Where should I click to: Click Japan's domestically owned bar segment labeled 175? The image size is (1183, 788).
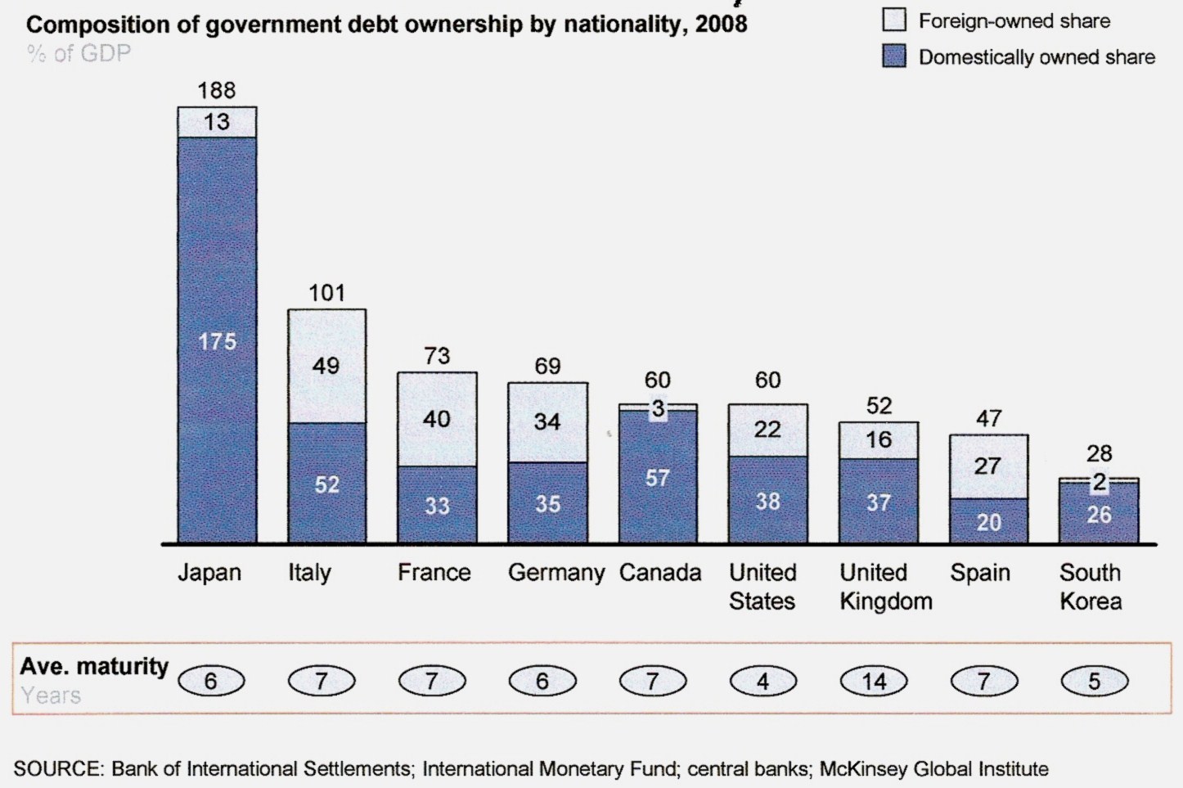pos(217,340)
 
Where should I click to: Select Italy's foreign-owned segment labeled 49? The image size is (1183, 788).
pos(326,366)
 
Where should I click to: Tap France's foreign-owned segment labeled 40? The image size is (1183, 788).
pos(437,419)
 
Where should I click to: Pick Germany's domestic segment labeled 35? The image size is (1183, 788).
pos(547,503)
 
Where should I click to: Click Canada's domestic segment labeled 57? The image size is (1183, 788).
pos(658,477)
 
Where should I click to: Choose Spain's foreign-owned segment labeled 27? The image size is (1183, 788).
pos(988,466)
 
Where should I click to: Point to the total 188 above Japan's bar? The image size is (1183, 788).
pos(217,90)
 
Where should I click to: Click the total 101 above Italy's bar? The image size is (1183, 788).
pos(326,293)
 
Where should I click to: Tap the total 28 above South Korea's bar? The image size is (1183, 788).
pos(1099,453)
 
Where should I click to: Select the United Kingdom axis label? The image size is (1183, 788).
pos(885,587)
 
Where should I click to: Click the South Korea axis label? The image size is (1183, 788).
pos(1090,587)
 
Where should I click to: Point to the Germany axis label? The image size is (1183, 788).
pos(556,572)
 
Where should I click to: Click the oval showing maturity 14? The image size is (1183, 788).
pos(874,681)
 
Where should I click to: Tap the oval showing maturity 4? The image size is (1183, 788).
pos(762,681)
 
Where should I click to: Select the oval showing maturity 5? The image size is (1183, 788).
pos(1094,681)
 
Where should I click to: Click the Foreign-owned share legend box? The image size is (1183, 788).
pos(894,20)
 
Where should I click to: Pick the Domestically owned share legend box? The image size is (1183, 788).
pos(894,56)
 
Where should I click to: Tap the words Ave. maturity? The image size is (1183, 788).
pos(94,666)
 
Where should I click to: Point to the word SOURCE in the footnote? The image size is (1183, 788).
pos(56,769)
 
